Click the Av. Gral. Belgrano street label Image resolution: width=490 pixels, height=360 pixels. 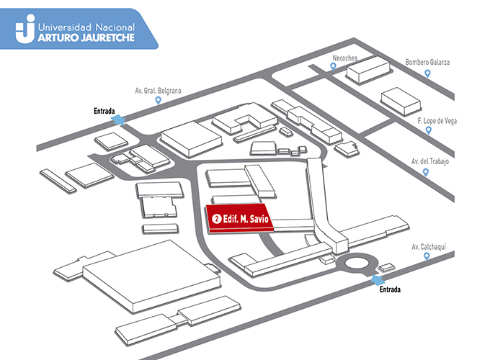point(158,91)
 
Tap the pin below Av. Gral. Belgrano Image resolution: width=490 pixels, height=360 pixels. point(159,100)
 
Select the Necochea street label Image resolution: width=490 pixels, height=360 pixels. point(344,58)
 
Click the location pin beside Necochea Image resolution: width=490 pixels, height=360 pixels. point(334,66)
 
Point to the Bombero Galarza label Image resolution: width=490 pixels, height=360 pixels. point(427,62)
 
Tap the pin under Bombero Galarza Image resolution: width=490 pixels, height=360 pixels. point(427,73)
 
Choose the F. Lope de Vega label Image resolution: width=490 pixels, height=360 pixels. point(437,121)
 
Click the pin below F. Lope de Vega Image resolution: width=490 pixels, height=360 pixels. point(429,130)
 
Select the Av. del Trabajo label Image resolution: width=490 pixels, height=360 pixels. point(430,161)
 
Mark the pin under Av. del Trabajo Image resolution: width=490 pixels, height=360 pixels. point(426,172)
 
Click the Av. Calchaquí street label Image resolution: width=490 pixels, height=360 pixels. point(429,247)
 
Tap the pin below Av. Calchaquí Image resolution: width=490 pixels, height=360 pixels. point(427,256)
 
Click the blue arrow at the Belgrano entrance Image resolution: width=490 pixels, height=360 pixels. point(118,120)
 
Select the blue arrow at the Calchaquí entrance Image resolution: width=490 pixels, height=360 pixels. point(378,280)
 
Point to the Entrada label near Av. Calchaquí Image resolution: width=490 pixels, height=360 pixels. point(390,289)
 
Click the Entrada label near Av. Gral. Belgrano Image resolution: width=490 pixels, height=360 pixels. point(104,111)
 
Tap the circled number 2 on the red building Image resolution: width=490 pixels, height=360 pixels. point(217,219)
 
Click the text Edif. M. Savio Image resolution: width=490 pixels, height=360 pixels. point(246,219)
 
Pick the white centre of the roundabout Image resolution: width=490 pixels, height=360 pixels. point(357,263)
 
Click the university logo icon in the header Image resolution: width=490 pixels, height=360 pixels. point(25,28)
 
